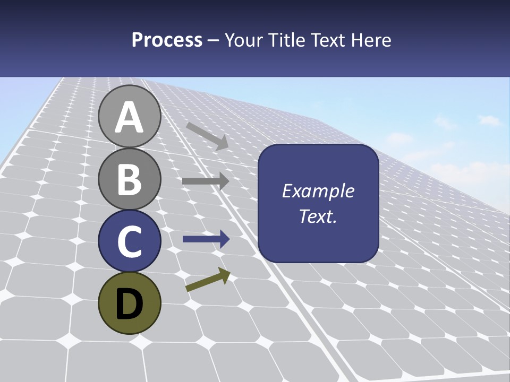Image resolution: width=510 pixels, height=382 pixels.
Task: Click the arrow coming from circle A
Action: [x=207, y=135]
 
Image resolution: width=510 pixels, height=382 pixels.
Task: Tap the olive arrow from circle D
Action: [x=208, y=280]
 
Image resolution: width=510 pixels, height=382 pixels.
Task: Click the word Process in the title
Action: [x=167, y=40]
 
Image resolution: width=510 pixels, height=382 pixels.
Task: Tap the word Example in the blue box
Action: [x=318, y=191]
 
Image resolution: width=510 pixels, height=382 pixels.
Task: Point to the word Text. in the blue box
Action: [x=318, y=216]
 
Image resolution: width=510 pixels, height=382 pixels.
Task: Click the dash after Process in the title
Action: [x=214, y=41]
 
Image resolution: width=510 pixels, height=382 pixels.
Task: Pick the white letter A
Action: [x=130, y=117]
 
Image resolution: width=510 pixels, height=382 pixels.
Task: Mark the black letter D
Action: [x=130, y=304]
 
